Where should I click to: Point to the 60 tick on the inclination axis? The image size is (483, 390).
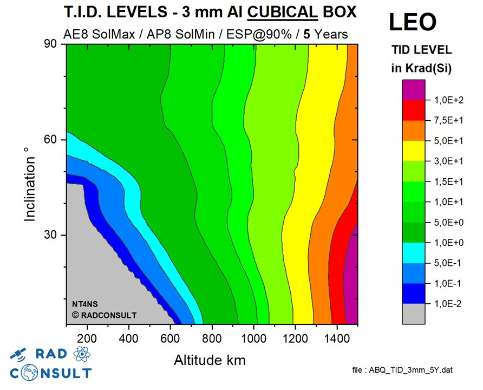pos(51,140)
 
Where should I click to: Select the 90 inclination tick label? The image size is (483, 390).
pos(51,44)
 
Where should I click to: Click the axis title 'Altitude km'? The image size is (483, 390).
pos(211,360)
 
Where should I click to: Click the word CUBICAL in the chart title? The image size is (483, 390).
pos(278,11)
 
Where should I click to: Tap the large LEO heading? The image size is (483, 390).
pos(413,22)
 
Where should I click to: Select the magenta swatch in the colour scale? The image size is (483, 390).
pos(413,90)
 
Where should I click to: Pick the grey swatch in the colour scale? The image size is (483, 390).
pos(413,314)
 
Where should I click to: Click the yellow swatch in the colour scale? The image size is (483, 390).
pos(413,151)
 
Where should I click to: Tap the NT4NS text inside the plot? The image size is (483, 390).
pos(84,303)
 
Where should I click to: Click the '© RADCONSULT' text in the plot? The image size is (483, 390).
pos(104,315)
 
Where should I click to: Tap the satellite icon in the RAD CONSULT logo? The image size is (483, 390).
pos(17,355)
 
